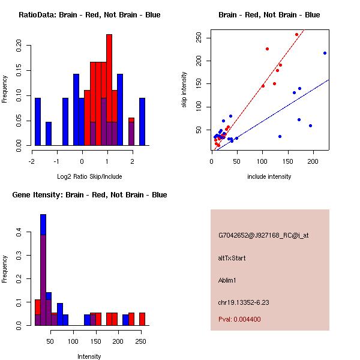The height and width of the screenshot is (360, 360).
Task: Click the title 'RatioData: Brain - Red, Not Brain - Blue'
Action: click(89, 15)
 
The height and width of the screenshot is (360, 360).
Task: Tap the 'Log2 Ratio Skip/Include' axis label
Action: click(89, 176)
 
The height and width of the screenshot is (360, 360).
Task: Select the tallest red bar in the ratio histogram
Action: click(109, 90)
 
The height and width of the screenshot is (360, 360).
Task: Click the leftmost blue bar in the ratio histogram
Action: click(38, 122)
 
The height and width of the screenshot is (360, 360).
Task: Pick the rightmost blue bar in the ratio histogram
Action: click(142, 122)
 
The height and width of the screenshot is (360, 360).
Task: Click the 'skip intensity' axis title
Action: click(184, 89)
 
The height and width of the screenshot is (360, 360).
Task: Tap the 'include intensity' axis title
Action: click(269, 176)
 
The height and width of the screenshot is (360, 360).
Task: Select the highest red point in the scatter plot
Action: click(296, 35)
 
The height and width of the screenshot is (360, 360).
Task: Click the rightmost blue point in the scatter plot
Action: click(325, 53)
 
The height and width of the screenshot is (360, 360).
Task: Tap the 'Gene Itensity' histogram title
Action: click(89, 195)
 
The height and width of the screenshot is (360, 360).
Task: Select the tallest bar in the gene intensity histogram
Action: click(43, 270)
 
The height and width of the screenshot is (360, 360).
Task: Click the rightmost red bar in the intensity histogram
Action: click(142, 319)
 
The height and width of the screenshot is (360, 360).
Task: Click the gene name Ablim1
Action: click(227, 280)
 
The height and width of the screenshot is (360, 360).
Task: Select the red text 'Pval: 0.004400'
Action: click(239, 319)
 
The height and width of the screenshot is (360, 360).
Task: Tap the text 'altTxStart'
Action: click(232, 258)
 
